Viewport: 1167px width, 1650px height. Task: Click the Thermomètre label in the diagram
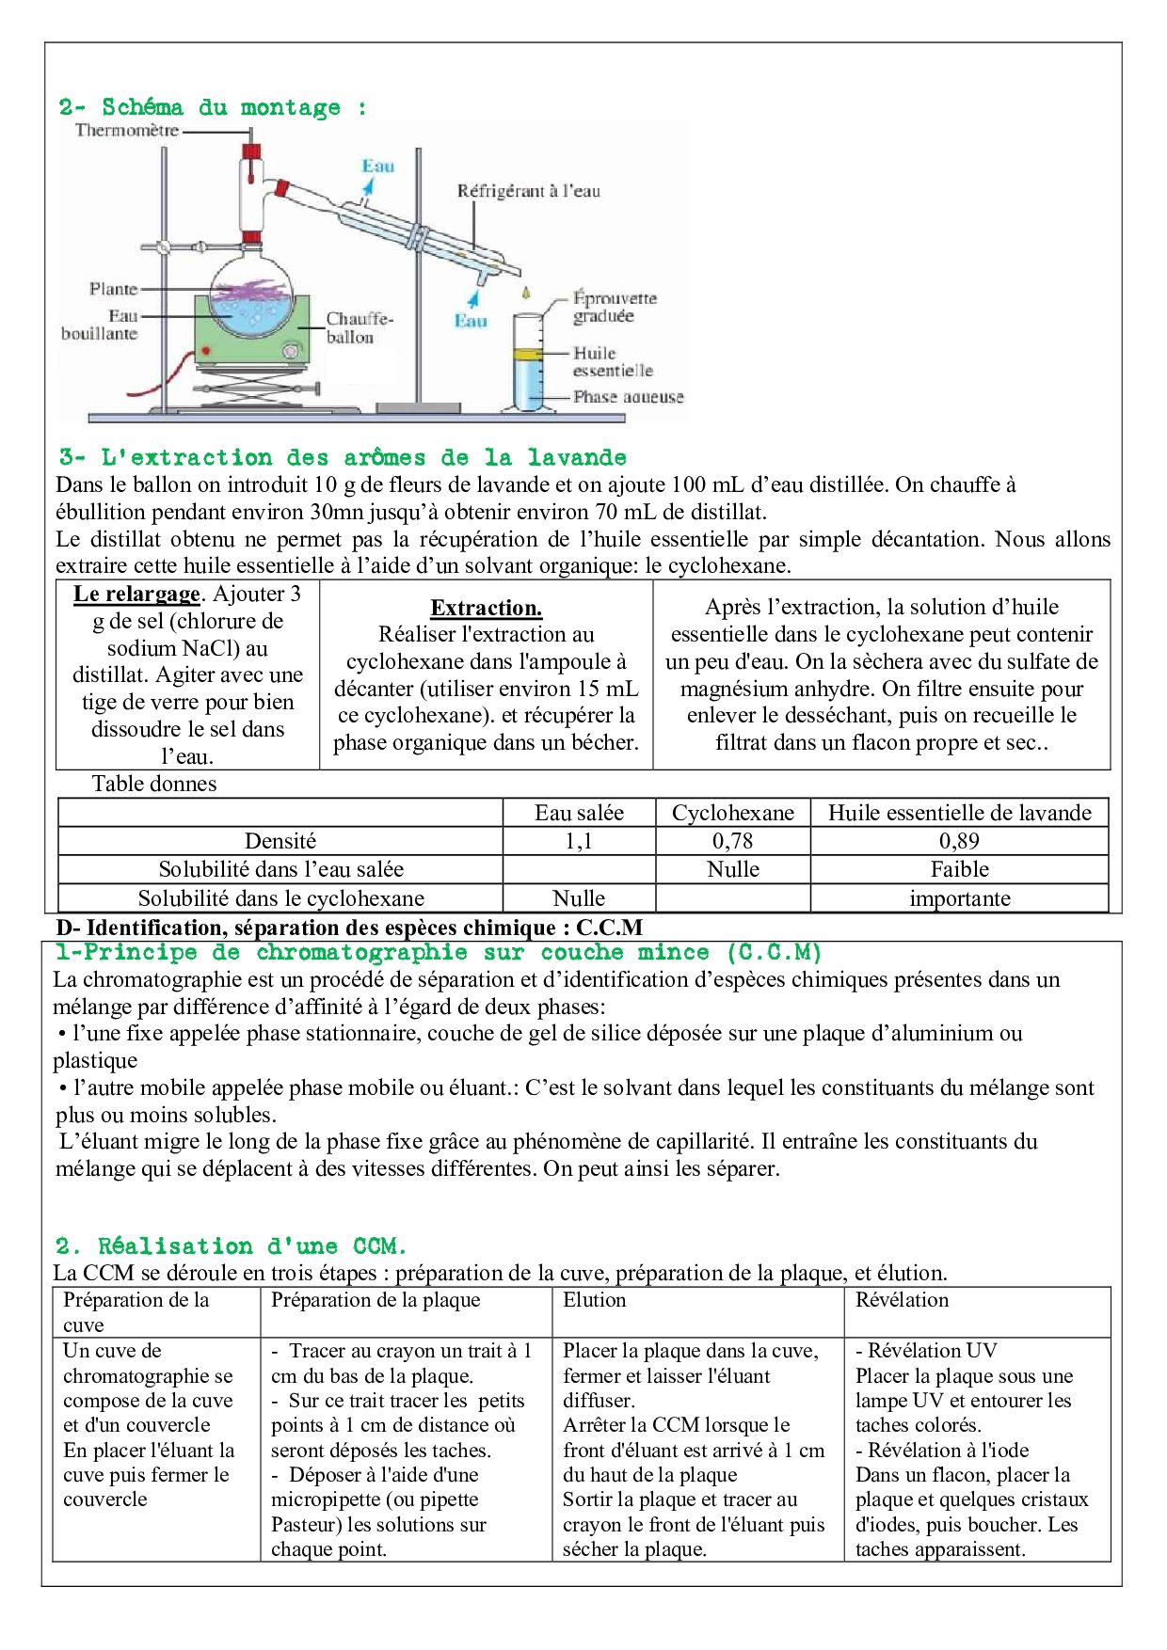coord(127,131)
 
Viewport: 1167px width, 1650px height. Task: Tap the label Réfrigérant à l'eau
coord(528,191)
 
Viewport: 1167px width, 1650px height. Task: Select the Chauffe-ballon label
coord(359,327)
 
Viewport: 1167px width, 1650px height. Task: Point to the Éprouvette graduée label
coord(615,307)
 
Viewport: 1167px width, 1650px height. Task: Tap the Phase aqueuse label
coord(628,397)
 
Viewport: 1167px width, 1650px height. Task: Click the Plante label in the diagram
coord(113,289)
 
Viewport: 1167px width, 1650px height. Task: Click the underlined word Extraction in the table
coord(486,608)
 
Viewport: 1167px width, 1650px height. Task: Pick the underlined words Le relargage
coord(136,594)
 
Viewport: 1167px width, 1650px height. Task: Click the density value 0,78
coord(732,841)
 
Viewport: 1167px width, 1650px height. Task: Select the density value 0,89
coord(959,841)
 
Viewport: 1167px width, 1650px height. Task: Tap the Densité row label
coord(280,841)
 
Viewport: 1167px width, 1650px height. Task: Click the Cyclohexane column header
coord(732,813)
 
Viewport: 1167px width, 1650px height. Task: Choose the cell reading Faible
coord(959,869)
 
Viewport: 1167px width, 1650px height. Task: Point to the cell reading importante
coord(959,898)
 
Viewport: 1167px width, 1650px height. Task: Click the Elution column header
coord(594,1300)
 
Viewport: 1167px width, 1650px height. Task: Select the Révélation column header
coord(902,1300)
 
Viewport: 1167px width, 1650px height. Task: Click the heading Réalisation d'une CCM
coord(231,1246)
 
